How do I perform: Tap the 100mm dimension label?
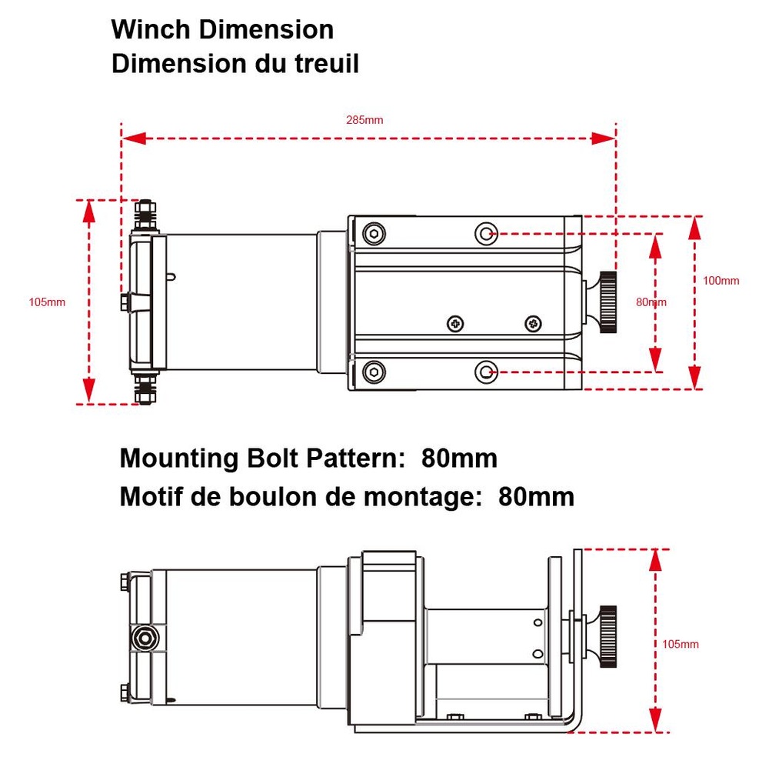click(x=721, y=281)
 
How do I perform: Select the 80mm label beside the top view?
click(x=651, y=302)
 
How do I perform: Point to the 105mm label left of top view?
click(x=47, y=302)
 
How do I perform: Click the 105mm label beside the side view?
click(x=681, y=644)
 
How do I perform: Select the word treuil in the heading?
click(x=318, y=64)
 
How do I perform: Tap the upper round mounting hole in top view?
click(x=485, y=232)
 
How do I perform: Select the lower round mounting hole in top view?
click(x=485, y=372)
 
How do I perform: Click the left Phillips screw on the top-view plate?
click(x=456, y=323)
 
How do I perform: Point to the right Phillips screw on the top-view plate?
click(x=532, y=323)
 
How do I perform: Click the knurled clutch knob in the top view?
click(x=608, y=302)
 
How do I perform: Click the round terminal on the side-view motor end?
click(x=143, y=638)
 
